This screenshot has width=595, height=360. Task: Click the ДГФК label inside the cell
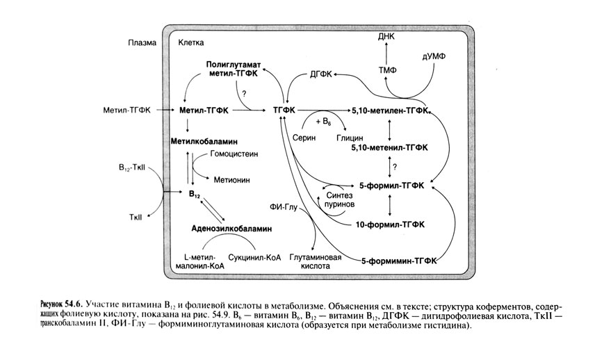(x=320, y=73)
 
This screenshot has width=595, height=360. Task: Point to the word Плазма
(x=139, y=42)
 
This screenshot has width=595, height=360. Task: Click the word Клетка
(x=190, y=42)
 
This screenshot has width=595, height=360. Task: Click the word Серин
(x=304, y=138)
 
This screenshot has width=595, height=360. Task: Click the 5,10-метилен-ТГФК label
(x=391, y=111)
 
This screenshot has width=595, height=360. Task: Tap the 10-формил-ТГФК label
(x=393, y=224)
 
